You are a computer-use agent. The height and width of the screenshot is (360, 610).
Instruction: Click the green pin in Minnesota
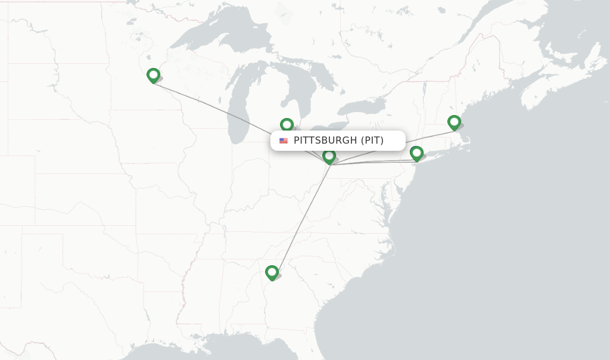pos(153,75)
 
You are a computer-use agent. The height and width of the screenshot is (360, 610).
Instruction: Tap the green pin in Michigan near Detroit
pos(287,125)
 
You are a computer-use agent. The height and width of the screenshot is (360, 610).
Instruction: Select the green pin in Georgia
pos(272,272)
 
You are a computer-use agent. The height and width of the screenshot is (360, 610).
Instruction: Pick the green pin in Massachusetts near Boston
pos(454,123)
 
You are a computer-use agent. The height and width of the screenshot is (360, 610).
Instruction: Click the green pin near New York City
pos(416,153)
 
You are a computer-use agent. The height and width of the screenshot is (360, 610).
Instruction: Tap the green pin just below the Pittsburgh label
pos(329,156)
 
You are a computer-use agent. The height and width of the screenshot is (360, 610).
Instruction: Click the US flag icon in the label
pos(284,141)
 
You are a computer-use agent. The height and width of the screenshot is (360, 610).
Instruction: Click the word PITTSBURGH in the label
pos(325,141)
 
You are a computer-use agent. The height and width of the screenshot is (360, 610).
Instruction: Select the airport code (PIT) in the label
pos(372,141)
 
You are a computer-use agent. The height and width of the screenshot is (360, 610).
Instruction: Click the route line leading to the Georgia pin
pos(301,218)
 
